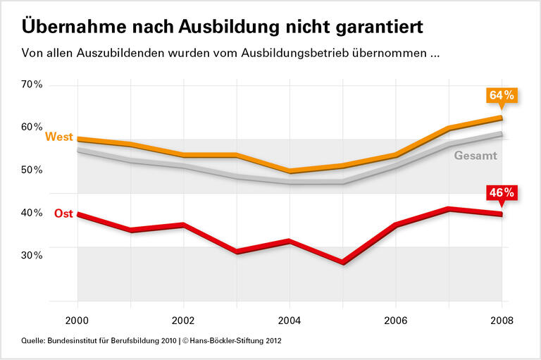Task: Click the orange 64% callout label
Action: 502,95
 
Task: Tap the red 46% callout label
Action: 502,192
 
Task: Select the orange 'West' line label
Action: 59,137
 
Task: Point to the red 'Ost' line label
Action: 63,213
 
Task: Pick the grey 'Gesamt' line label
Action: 475,156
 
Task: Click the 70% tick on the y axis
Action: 32,85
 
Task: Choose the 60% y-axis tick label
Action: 32,127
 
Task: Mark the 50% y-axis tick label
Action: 32,170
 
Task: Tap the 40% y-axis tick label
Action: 32,213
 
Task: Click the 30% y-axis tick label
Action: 32,255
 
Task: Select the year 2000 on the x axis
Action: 77,318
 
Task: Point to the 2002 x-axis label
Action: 183,318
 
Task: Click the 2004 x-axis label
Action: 290,318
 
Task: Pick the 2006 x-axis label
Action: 395,318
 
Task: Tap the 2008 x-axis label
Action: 501,318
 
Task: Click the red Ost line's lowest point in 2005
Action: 342,263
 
